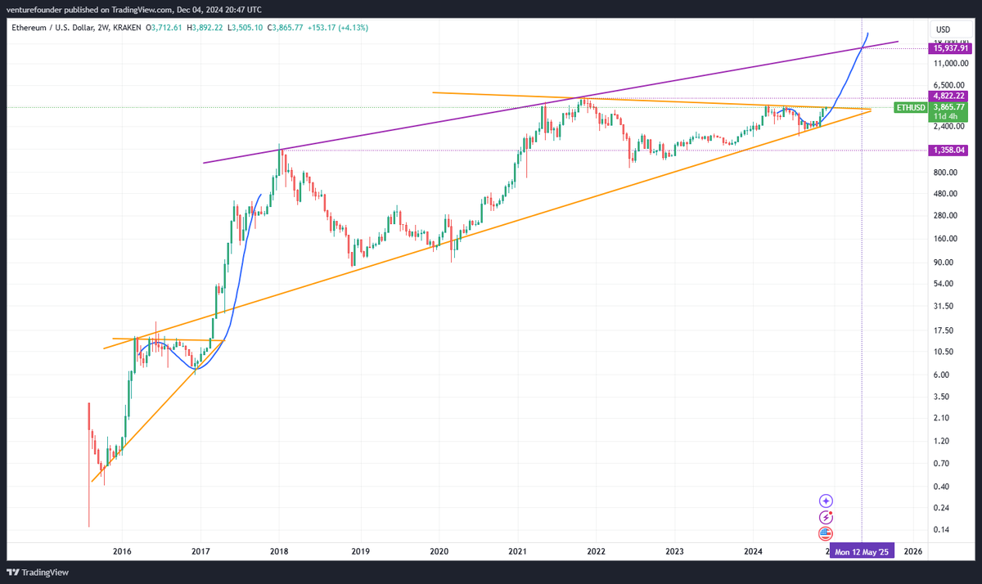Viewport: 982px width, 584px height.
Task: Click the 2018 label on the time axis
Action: tap(280, 552)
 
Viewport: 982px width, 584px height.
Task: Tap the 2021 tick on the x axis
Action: tap(516, 552)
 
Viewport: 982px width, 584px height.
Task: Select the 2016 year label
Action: tap(122, 552)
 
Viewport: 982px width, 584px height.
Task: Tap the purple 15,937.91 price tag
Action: tap(950, 48)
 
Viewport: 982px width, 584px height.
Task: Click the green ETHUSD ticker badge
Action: tap(911, 107)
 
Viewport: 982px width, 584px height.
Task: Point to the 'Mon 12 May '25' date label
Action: tap(862, 552)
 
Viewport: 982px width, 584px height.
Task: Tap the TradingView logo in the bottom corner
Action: tap(38, 572)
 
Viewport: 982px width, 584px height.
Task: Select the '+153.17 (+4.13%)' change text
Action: tap(337, 28)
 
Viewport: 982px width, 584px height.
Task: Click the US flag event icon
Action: tap(827, 533)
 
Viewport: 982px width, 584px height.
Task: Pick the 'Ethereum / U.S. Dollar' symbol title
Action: tap(53, 28)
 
